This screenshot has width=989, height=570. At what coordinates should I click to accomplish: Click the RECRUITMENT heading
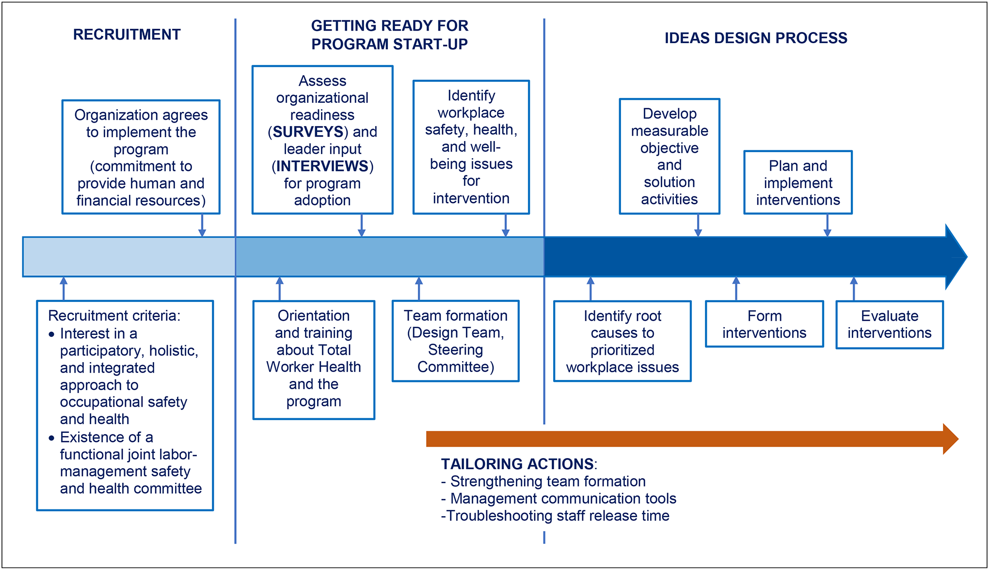coord(127,34)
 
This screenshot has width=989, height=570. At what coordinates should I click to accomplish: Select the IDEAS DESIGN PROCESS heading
coord(755,38)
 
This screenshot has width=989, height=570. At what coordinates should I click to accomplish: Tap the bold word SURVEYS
coord(308,132)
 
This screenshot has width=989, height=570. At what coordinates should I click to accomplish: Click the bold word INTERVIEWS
coord(322,166)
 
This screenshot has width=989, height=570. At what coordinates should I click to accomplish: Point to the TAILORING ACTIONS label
coord(517,464)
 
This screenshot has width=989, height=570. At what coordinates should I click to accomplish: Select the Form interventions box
coord(764,324)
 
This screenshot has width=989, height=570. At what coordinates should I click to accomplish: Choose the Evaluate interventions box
coord(889,324)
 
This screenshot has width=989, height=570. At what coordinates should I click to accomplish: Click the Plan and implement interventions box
coord(798,183)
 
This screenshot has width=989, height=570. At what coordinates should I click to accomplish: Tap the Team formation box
coord(455,341)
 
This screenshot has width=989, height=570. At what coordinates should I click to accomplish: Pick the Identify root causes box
coord(622,341)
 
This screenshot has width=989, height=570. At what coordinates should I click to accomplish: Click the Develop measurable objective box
coord(669,156)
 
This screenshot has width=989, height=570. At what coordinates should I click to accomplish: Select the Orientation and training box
coord(314,359)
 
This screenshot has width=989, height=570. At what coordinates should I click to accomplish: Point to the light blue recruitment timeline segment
coord(129,257)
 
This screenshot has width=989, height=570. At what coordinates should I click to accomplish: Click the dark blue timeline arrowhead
coord(955,257)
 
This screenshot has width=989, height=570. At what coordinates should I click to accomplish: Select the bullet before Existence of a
coord(51,438)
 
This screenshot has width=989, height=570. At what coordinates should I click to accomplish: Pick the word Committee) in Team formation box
coord(456,367)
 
